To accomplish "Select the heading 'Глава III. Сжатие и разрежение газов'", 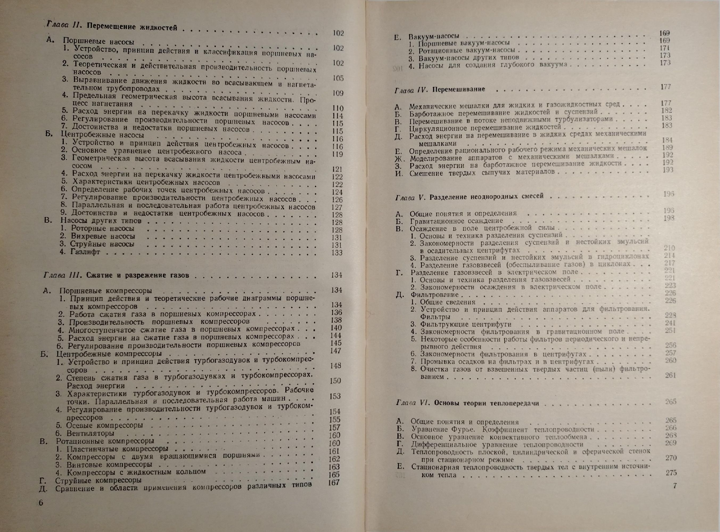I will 116,275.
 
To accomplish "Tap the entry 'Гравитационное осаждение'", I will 456,221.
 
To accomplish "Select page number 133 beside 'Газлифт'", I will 337,252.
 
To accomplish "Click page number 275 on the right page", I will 671,473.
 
